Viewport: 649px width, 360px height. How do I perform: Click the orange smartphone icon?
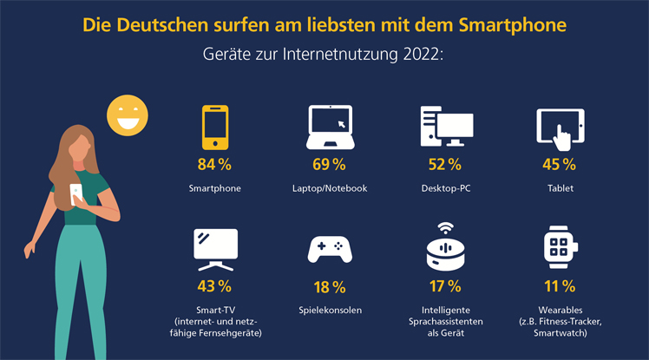pyautogui.click(x=214, y=128)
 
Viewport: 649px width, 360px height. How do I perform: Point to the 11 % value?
pyautogui.click(x=560, y=286)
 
